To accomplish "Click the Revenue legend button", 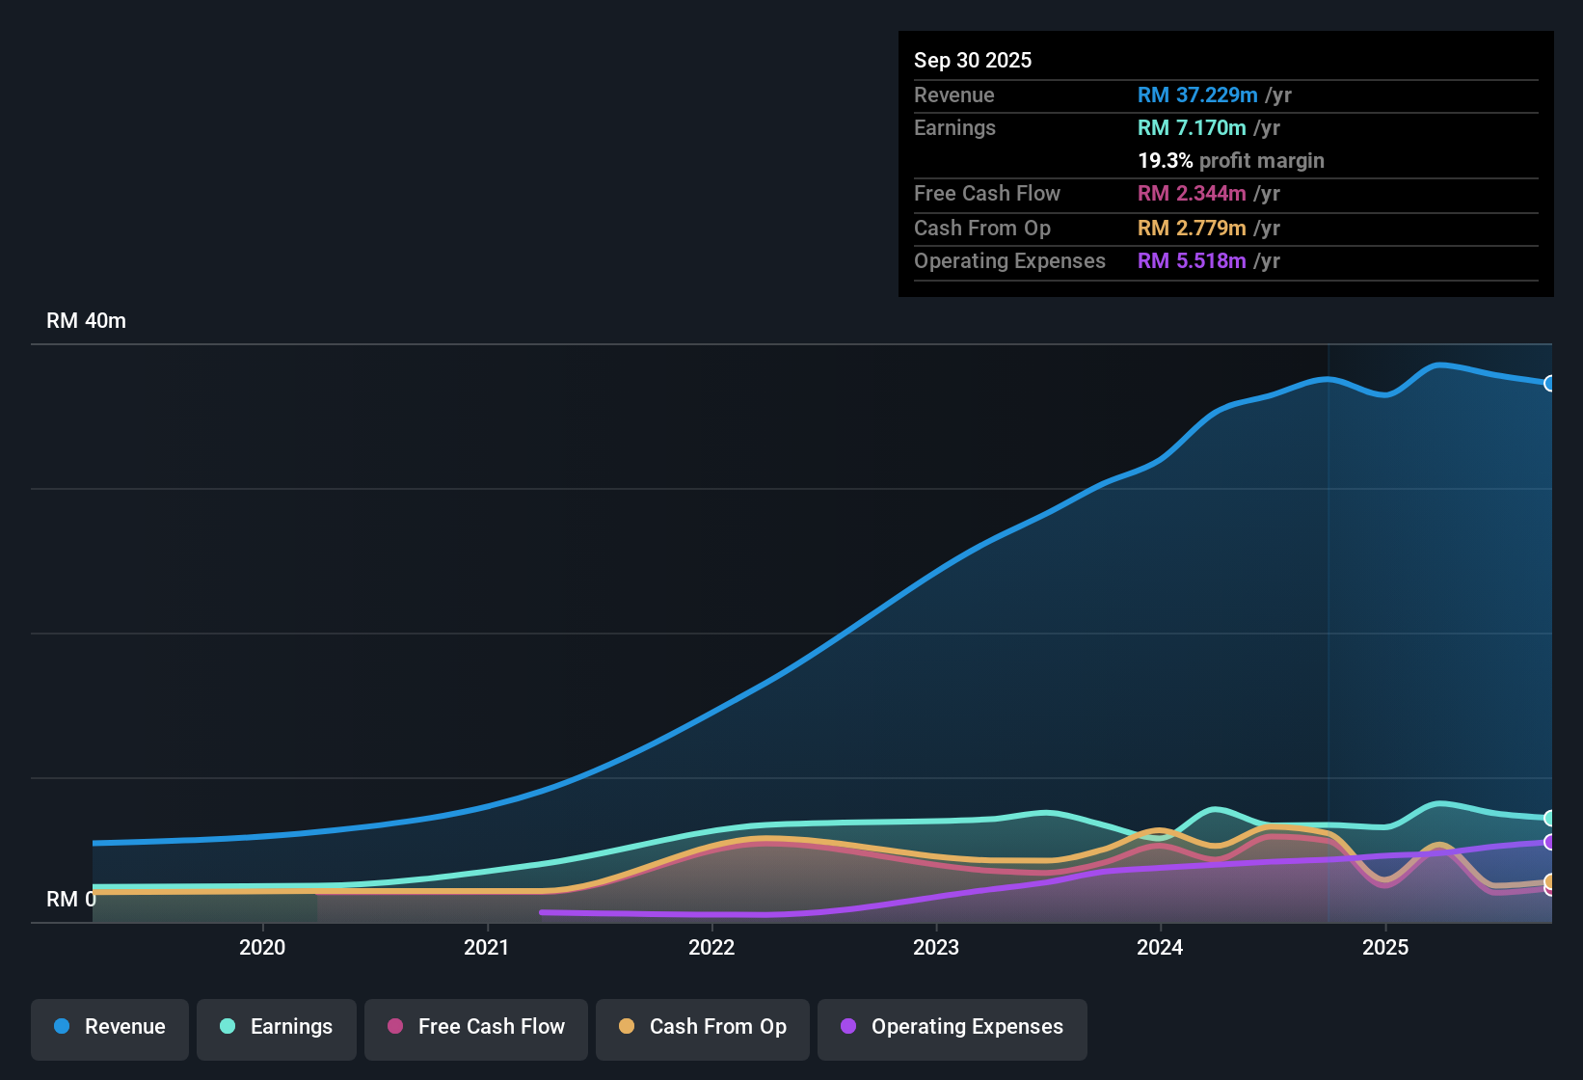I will [110, 1027].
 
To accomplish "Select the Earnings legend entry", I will [277, 1027].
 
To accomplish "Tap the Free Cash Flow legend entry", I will [476, 1027].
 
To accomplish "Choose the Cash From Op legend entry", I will [703, 1027].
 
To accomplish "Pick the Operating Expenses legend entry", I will [952, 1027].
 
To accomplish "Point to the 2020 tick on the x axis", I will [262, 948].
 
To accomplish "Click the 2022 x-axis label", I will [711, 948].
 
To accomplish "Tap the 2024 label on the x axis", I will [1160, 948].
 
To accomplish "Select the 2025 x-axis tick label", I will [1385, 948].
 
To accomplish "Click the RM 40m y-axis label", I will [86, 321].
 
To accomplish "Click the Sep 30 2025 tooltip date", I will [973, 61].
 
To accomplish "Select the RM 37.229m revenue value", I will [1197, 95].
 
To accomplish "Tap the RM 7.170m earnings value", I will [1192, 128].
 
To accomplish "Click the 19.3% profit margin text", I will [1231, 161].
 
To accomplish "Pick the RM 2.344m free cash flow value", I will [1192, 194].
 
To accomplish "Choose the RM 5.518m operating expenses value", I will [1192, 261].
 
